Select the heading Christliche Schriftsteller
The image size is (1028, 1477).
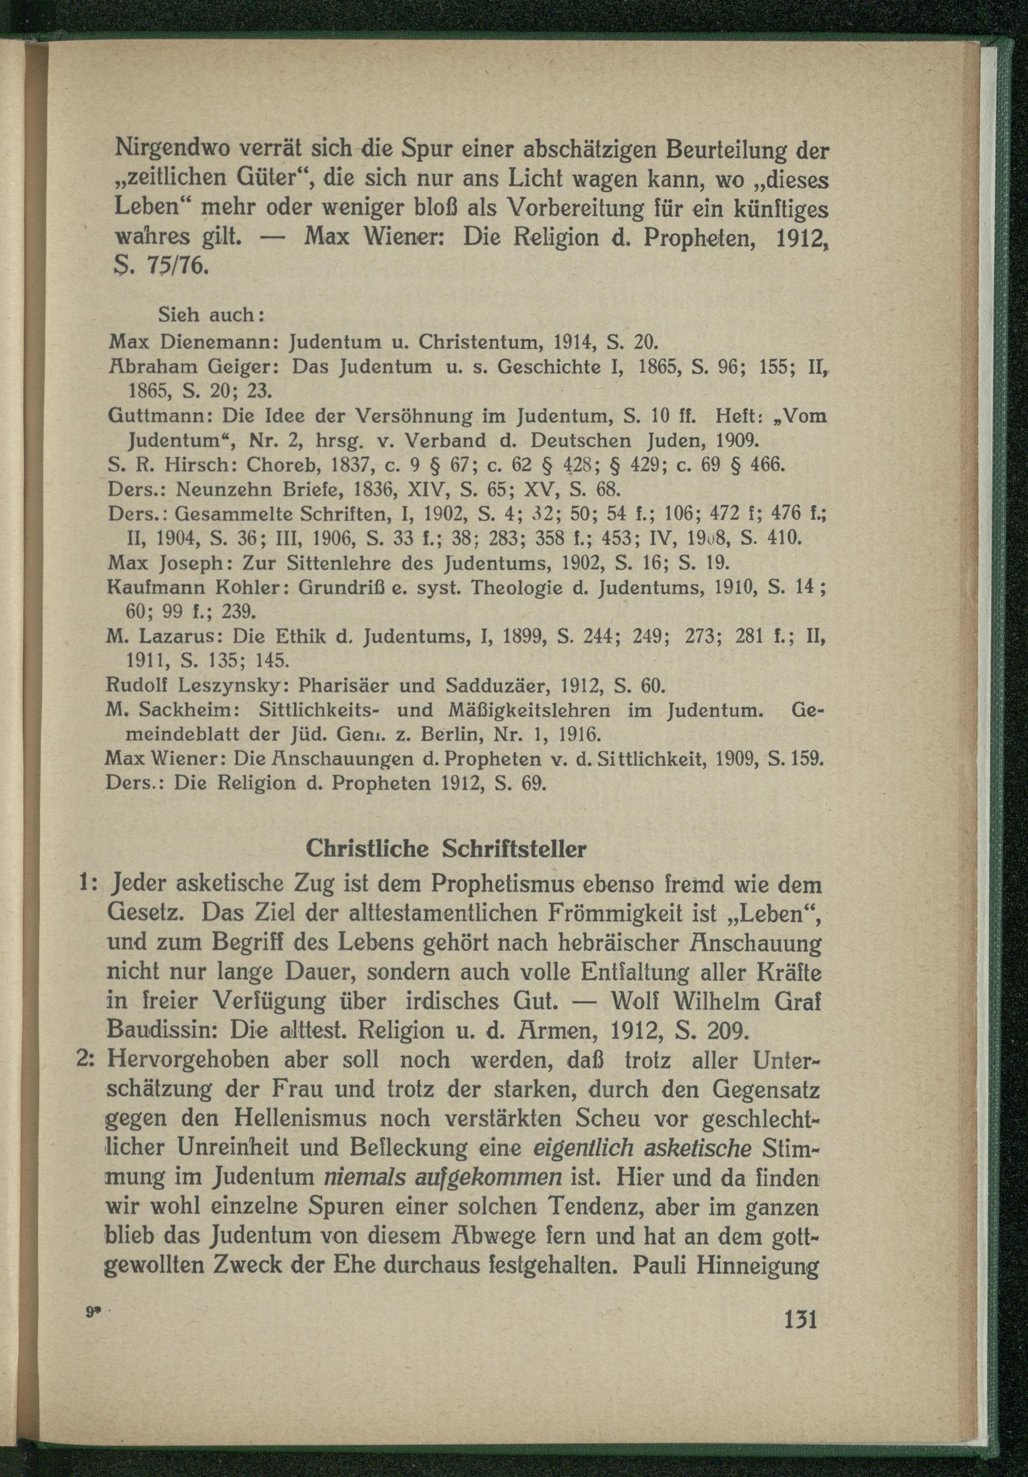[x=446, y=848]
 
